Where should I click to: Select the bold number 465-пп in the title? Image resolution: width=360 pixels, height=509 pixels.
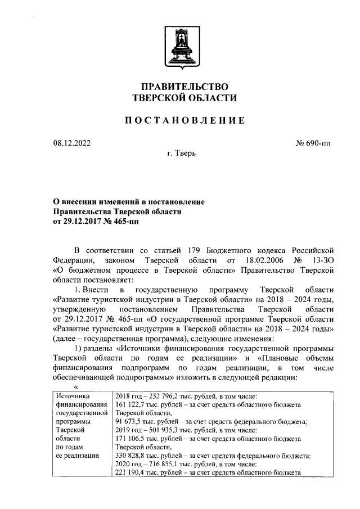[124, 222]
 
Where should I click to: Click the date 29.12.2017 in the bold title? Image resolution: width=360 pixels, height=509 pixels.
[85, 222]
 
